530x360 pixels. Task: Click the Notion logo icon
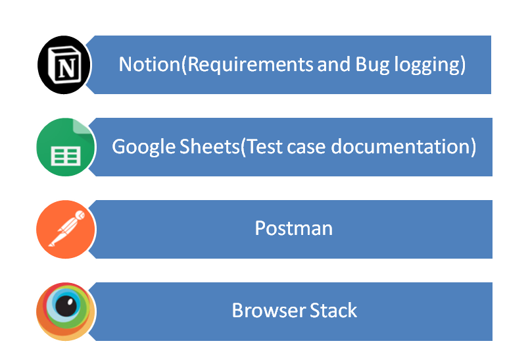click(x=64, y=64)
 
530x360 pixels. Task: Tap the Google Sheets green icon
click(x=66, y=147)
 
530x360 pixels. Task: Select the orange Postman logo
click(x=66, y=229)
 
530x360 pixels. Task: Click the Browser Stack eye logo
click(x=66, y=311)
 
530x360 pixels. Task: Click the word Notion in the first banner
click(x=150, y=64)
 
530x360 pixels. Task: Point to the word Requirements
click(x=250, y=64)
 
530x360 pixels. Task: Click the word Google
click(x=143, y=147)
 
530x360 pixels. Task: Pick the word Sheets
click(x=209, y=147)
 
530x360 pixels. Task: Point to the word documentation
click(x=400, y=147)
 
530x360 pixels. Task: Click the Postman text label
click(x=294, y=228)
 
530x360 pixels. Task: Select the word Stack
click(x=333, y=310)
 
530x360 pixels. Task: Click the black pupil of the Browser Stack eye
click(x=66, y=306)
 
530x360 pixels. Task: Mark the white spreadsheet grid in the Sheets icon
click(x=66, y=156)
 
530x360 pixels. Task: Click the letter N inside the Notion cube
click(x=66, y=68)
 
